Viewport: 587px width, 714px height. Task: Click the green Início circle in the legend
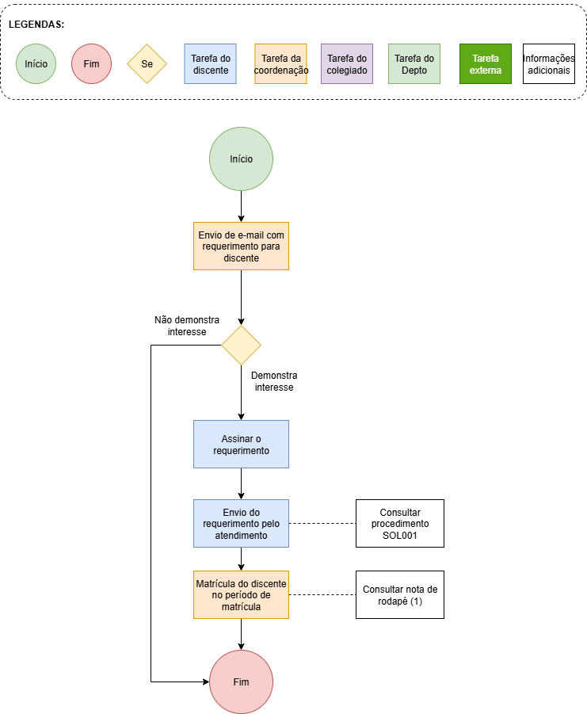[36, 63]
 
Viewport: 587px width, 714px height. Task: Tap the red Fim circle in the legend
[91, 63]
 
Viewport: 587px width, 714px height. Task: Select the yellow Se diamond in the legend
[147, 63]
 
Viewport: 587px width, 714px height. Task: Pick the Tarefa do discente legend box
[210, 63]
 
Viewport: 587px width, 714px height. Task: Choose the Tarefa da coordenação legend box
[280, 63]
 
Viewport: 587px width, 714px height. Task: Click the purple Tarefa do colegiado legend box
[347, 63]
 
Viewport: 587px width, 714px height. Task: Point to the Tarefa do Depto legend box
[414, 63]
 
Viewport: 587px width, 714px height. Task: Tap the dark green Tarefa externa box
[486, 63]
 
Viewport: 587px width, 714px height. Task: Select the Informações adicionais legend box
[548, 63]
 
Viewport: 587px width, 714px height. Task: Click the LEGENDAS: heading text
[36, 25]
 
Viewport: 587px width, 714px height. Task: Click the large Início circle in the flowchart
[241, 159]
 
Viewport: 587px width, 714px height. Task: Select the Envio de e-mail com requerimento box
[241, 246]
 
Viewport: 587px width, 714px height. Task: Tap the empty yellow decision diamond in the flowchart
[241, 346]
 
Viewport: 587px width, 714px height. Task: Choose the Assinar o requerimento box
[241, 444]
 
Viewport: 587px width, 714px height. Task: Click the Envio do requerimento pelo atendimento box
[241, 524]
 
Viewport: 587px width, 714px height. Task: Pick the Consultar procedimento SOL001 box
[399, 524]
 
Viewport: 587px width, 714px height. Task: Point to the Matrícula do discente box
[241, 595]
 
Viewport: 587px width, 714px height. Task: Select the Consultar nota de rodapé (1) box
[399, 595]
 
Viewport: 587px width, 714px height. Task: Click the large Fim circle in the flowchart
[241, 682]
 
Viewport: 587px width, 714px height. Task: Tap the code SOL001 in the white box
[399, 535]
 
